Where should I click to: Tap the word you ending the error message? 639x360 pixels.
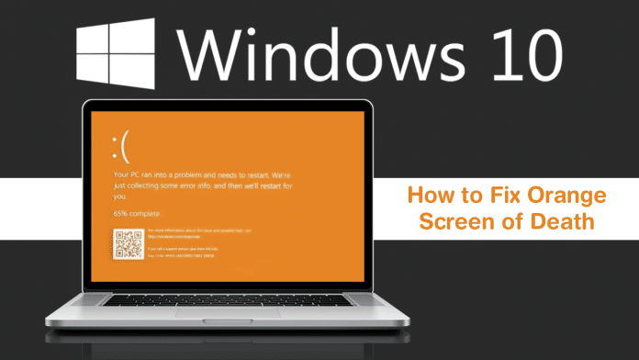coord(119,196)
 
